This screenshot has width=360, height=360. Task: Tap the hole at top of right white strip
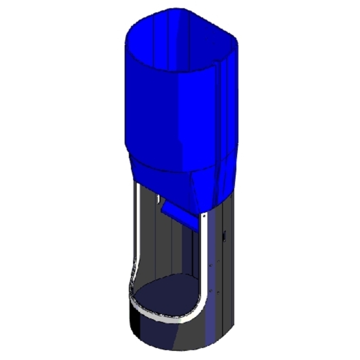tap(205, 217)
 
